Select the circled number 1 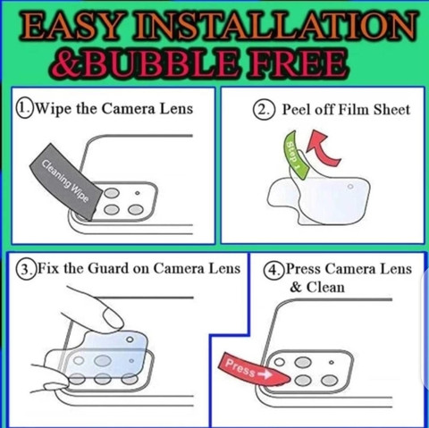click(x=25, y=109)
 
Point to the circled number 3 click(x=26, y=269)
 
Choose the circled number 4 click(x=273, y=270)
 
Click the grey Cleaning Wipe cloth click(x=66, y=181)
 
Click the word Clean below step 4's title click(x=325, y=288)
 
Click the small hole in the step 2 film click(x=350, y=187)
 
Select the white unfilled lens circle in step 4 click(x=279, y=362)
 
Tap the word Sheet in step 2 click(x=392, y=110)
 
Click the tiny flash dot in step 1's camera click(x=137, y=193)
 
